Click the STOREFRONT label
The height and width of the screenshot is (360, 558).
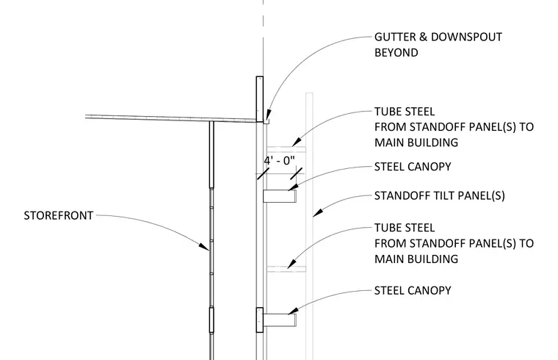point(58,216)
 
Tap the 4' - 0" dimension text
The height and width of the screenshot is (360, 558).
point(279,161)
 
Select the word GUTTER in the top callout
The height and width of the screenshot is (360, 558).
point(395,37)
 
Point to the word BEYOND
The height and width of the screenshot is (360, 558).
point(396,53)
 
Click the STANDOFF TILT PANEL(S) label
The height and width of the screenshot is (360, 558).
point(440,196)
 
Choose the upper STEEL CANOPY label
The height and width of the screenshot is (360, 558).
point(413,167)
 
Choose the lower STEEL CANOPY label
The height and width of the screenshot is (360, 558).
point(413,290)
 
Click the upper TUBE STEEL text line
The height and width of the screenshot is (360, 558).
point(405,112)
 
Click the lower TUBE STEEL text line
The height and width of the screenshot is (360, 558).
point(405,228)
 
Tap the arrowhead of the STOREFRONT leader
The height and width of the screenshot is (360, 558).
point(204,247)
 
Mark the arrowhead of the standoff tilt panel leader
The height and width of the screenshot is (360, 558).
point(318,212)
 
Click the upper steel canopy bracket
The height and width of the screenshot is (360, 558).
point(280,196)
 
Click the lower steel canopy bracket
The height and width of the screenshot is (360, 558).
point(280,320)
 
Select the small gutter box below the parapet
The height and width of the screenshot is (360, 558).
point(267,121)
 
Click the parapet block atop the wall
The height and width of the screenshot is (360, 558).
point(260,99)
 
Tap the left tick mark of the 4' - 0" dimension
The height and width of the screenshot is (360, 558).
point(263,174)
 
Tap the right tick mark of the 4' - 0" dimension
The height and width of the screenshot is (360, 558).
point(296,174)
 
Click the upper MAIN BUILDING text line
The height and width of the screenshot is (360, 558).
point(416,143)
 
